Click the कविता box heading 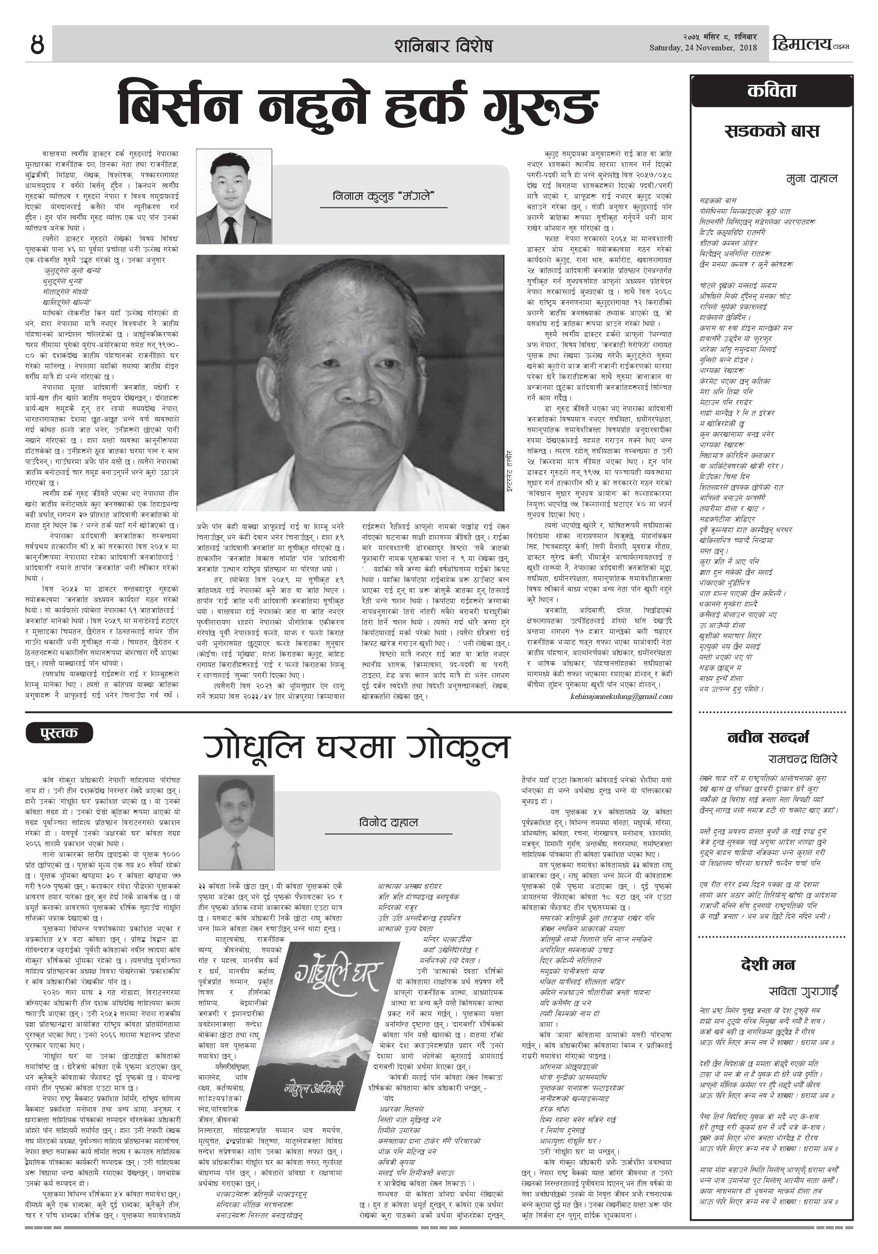point(771,91)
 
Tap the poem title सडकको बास point(771,131)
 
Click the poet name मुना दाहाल point(811,179)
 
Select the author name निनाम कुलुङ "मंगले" point(382,196)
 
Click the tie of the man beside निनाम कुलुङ point(231,230)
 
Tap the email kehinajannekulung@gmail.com point(621,696)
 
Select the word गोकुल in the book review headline point(458,748)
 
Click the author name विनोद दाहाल point(389,823)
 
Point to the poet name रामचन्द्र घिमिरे point(802,759)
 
